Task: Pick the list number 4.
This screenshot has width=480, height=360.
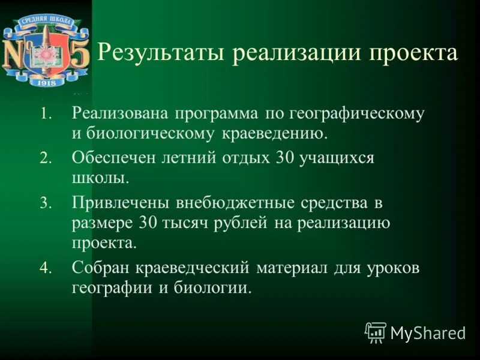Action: tap(47, 268)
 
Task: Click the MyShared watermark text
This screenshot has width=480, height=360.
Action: tap(428, 333)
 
